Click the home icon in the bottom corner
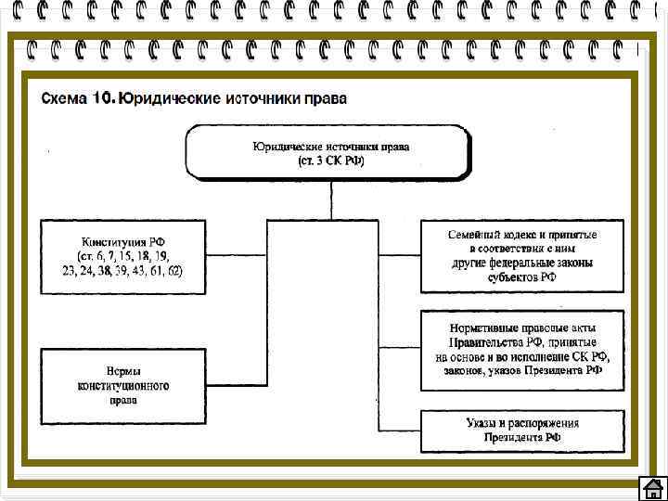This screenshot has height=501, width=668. tap(652, 488)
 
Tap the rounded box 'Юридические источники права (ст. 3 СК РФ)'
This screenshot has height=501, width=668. tap(330, 152)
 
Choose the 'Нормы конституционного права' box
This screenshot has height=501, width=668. tap(123, 384)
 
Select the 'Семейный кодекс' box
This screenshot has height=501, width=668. tap(522, 256)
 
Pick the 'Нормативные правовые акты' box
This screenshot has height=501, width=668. tap(522, 350)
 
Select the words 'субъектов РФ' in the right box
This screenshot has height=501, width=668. tap(522, 277)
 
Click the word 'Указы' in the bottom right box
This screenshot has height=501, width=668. tap(482, 424)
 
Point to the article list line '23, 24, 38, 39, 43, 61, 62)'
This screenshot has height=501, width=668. tap(123, 271)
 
